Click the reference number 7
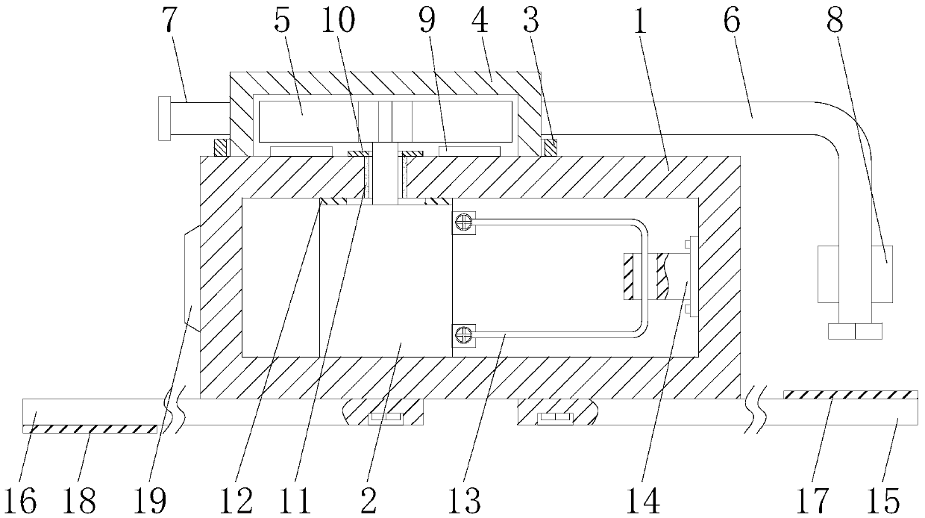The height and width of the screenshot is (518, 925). (171, 23)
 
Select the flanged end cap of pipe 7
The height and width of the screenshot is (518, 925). (164, 118)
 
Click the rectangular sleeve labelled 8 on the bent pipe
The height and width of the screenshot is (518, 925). (855, 274)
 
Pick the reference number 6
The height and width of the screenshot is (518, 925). (732, 23)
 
